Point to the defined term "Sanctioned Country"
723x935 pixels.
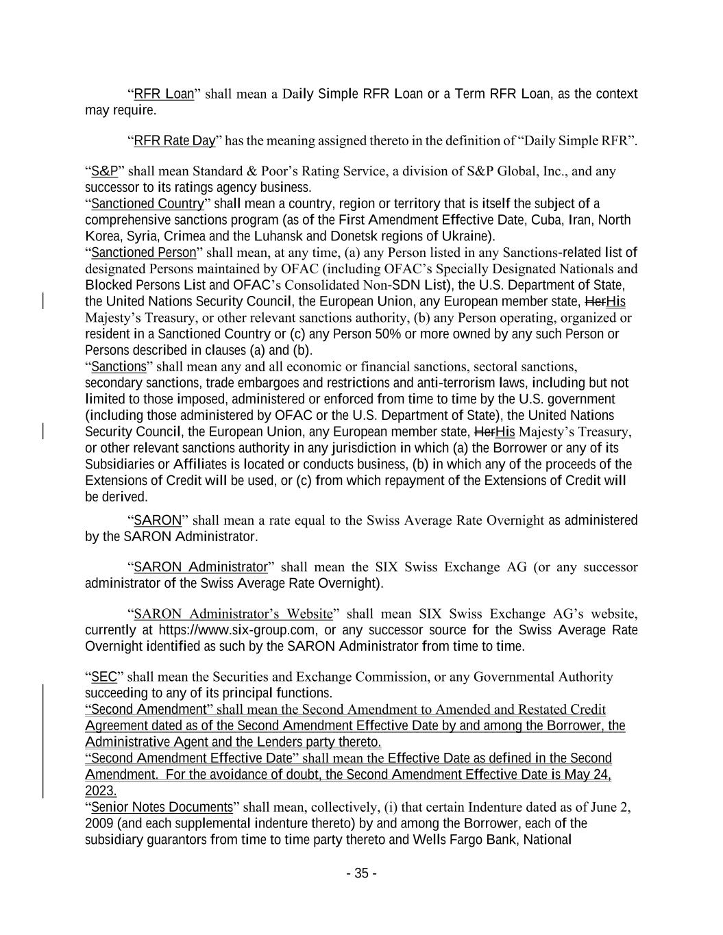pyautogui.click(x=147, y=204)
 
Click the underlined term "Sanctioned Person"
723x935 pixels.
pyautogui.click(x=143, y=253)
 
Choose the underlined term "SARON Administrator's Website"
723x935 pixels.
pyautogui.click(x=233, y=614)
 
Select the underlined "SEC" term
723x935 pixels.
pyautogui.click(x=104, y=677)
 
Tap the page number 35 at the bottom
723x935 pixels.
pyautogui.click(x=361, y=873)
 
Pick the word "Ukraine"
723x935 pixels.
pyautogui.click(x=469, y=237)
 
